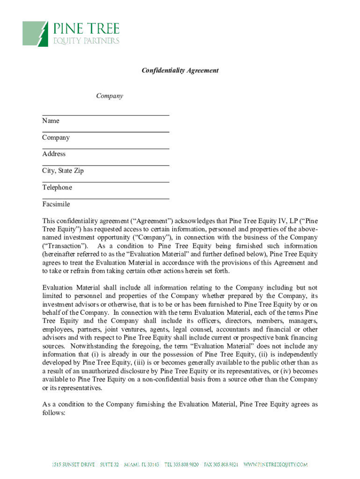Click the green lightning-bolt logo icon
click(36, 33)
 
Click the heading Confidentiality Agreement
click(180, 71)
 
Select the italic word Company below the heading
click(109, 96)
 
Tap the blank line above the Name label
click(106, 115)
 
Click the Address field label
click(54, 154)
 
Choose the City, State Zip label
click(63, 171)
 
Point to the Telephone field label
click(57, 188)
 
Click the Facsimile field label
click(56, 204)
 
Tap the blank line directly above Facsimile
click(106, 199)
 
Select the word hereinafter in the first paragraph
click(61, 254)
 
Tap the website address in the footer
click(276, 464)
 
